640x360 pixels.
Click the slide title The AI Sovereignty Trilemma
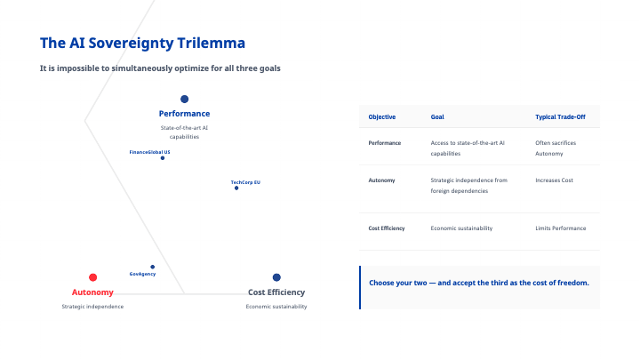tap(143, 43)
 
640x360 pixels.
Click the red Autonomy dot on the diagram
tap(93, 277)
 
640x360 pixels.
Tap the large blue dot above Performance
tap(184, 100)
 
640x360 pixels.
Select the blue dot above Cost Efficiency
tap(276, 277)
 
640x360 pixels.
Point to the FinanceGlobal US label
tap(149, 152)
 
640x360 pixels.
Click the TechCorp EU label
tap(245, 181)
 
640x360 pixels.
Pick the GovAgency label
tap(142, 274)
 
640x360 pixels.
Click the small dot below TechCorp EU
tap(236, 188)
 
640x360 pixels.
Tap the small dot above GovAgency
tap(153, 267)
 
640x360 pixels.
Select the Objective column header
tap(382, 117)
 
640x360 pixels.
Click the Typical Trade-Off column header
tap(560, 117)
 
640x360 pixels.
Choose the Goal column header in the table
tap(438, 117)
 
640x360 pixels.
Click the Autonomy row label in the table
tap(382, 180)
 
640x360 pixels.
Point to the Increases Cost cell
tap(556, 180)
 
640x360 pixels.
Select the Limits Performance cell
tap(561, 228)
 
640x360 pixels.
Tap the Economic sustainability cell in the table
tap(461, 228)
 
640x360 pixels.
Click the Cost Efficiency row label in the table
tap(387, 228)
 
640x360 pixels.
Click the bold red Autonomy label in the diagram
tap(92, 292)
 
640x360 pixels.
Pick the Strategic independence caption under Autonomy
tap(92, 307)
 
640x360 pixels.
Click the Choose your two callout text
tap(479, 283)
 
